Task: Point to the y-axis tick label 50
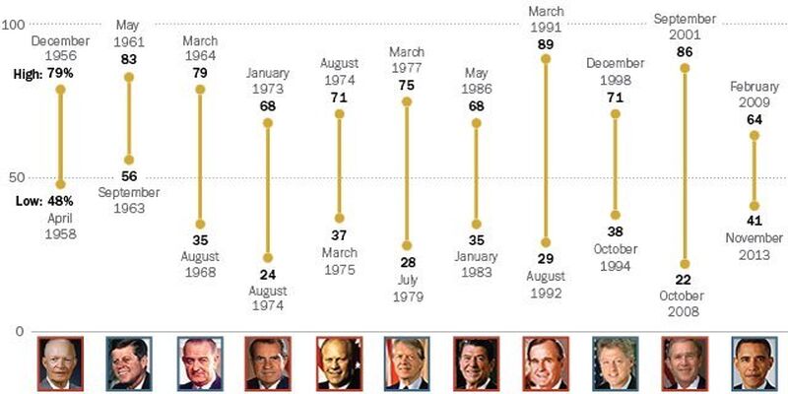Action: coord(16,177)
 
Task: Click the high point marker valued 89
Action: coord(546,59)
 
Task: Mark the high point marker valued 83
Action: coord(129,76)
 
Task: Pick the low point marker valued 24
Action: coord(268,257)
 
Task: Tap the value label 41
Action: coord(755,221)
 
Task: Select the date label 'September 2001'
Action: coord(686,27)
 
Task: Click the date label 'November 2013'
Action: coord(755,246)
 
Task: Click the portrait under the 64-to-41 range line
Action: coord(755,363)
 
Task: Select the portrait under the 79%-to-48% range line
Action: coord(60,363)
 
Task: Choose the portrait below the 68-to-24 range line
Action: coord(268,363)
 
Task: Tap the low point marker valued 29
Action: coord(546,242)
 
